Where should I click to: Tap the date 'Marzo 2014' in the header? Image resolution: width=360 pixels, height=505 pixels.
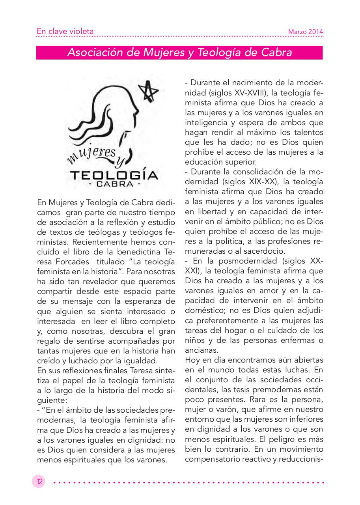(306, 32)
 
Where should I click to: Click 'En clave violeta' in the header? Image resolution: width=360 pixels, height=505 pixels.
(65, 31)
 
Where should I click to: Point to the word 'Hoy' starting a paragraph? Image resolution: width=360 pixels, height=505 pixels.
(192, 360)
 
